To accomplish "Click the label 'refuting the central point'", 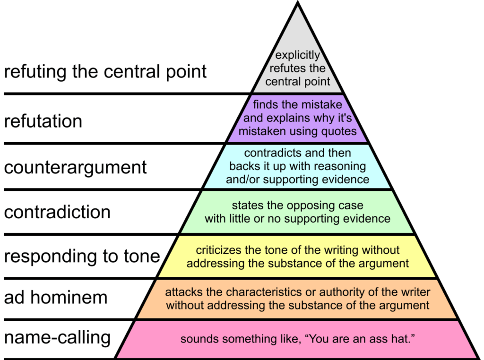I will [105, 72].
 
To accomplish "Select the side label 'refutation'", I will [43, 121].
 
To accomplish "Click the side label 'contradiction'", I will [57, 212].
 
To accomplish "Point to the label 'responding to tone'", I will [82, 256].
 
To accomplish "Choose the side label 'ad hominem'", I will [56, 298].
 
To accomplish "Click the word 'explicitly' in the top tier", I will [297, 56].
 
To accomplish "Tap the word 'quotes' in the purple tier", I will [340, 131].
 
